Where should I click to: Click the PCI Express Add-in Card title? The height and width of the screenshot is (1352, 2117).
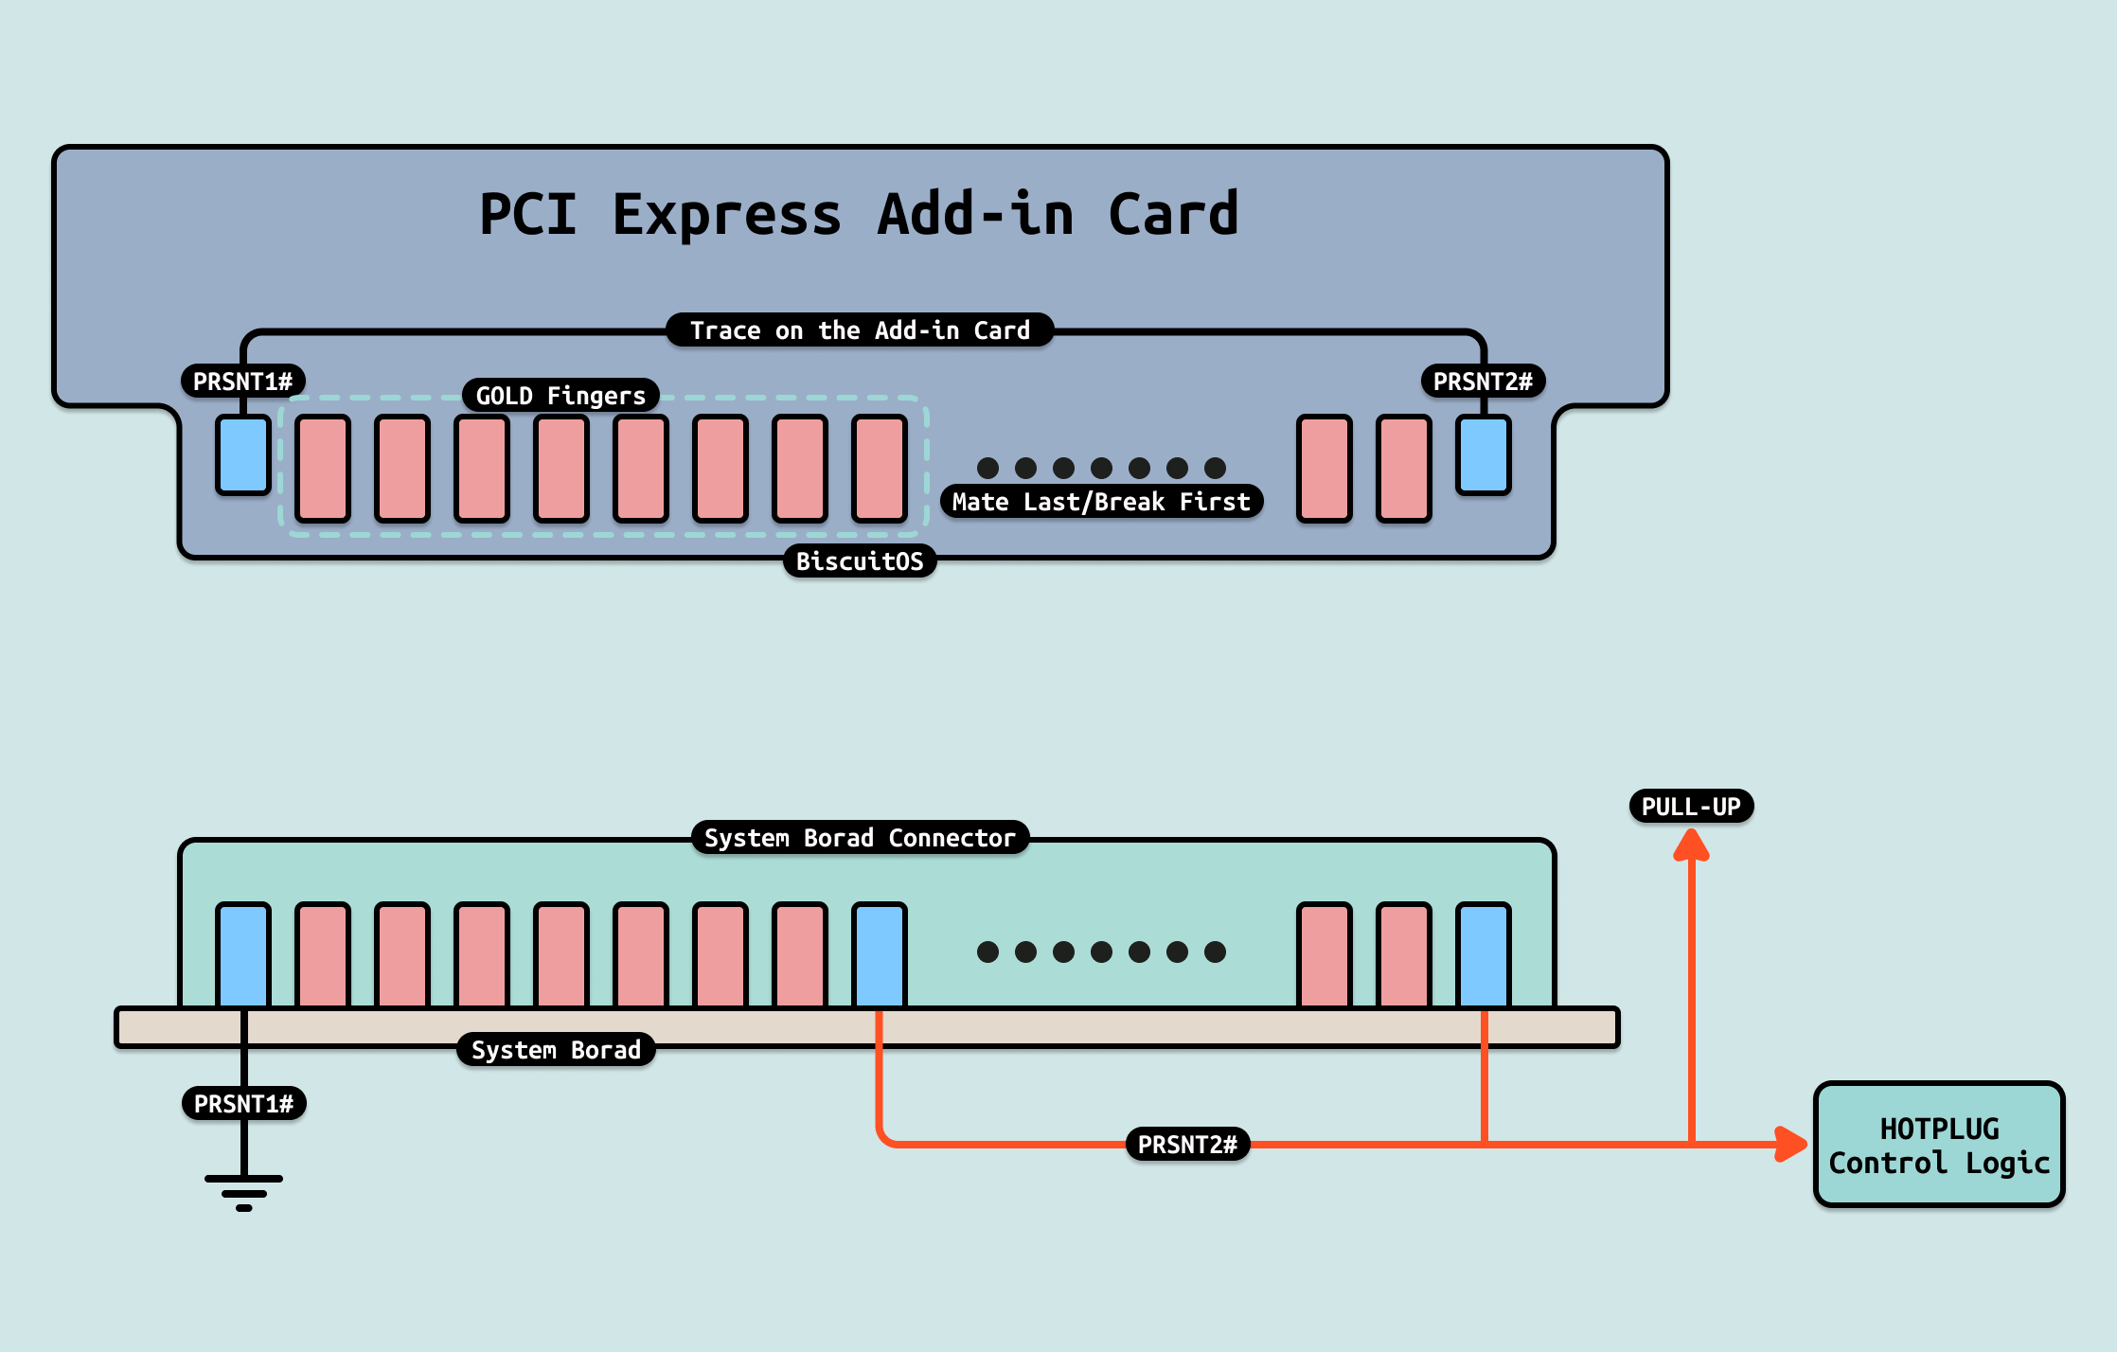pos(859,214)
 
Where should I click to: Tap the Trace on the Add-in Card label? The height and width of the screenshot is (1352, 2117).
pos(860,330)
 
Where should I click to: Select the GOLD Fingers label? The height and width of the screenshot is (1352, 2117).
pos(560,395)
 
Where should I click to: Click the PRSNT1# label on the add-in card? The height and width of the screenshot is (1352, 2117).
pos(243,382)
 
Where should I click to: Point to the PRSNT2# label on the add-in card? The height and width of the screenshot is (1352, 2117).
pos(1483,382)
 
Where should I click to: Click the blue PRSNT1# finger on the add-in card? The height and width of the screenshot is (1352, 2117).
pos(243,454)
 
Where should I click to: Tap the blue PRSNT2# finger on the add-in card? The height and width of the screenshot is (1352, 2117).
pos(1484,454)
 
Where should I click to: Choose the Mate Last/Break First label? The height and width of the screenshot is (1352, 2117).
pos(1101,502)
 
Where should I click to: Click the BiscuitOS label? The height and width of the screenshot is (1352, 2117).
pos(860,561)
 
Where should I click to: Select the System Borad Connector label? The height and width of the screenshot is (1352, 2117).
pos(860,838)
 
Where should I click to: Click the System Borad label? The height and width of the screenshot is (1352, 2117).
pos(556,1050)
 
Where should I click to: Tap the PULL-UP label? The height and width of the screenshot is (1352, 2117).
pos(1691,807)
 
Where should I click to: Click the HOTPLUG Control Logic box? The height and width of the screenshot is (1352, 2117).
pos(1939,1145)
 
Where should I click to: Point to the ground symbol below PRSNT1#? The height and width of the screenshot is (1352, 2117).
pos(244,1192)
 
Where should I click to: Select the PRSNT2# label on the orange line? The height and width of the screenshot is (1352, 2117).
pos(1187,1145)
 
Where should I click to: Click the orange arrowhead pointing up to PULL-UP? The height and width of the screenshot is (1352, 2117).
pos(1691,845)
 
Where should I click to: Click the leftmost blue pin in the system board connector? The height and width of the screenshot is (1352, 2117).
pos(243,954)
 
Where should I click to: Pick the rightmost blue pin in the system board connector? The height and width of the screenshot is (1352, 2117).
pos(1484,954)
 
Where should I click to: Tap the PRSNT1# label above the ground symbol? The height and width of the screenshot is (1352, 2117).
pos(244,1104)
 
